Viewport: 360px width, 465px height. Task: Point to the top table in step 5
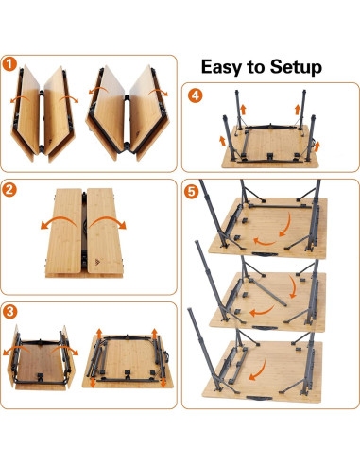point(269,227)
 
